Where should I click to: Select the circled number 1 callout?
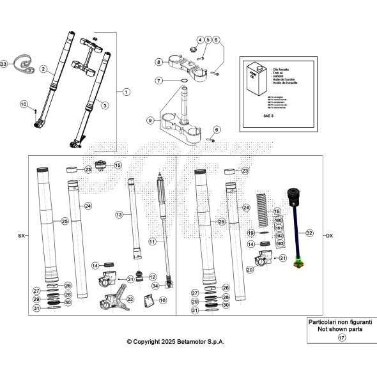coord(126,91)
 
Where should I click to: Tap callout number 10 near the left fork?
coord(24,104)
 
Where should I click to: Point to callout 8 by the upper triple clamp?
coord(158,62)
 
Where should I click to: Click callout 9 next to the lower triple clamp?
coord(151,120)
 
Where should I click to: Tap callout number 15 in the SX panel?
coord(118,165)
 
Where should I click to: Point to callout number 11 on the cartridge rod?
coord(153,242)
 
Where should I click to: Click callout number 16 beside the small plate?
coord(162,300)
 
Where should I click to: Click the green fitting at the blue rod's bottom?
coord(296,265)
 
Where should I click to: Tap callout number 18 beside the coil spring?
coord(277,211)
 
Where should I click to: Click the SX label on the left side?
coord(21,235)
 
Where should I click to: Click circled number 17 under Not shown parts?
coord(341,337)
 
